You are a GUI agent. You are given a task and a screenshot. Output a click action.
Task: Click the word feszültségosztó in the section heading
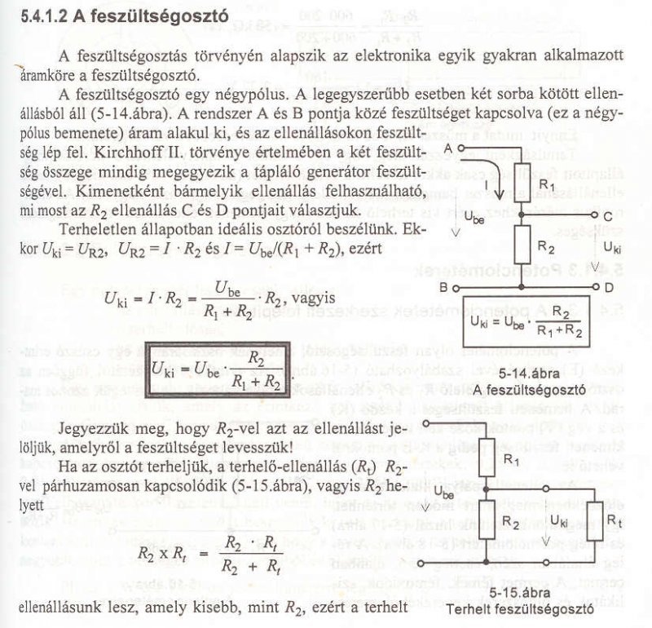(x=158, y=15)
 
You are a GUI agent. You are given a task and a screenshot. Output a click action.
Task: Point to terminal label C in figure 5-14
(x=608, y=214)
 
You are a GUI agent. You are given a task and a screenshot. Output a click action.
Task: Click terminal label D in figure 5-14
(x=608, y=288)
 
